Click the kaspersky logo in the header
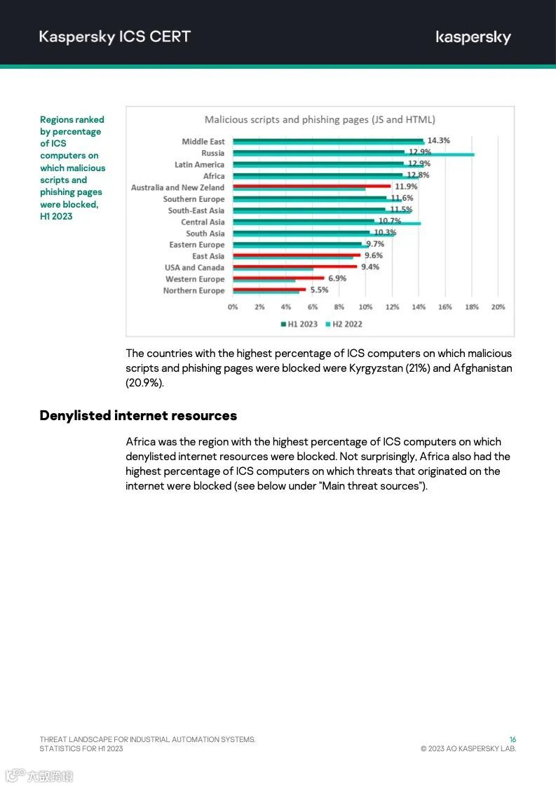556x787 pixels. [x=473, y=37]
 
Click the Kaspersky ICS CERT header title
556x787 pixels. [x=115, y=36]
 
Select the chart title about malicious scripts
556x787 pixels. [x=320, y=120]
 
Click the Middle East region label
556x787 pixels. [x=203, y=142]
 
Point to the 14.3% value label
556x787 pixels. [x=438, y=141]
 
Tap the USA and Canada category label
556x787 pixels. [x=195, y=267]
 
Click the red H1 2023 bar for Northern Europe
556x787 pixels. [x=269, y=289]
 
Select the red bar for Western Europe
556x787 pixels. [x=278, y=278]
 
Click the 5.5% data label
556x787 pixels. [x=319, y=290]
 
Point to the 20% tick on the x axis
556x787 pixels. [x=498, y=307]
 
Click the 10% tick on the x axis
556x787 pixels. [x=365, y=307]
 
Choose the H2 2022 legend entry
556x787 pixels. [x=343, y=324]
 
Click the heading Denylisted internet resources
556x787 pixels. [x=138, y=415]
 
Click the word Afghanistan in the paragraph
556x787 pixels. [x=482, y=368]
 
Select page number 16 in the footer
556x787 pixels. [x=513, y=739]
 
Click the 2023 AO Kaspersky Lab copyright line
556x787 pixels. [x=468, y=748]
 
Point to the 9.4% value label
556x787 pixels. [x=369, y=267]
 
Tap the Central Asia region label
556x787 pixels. [x=203, y=222]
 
